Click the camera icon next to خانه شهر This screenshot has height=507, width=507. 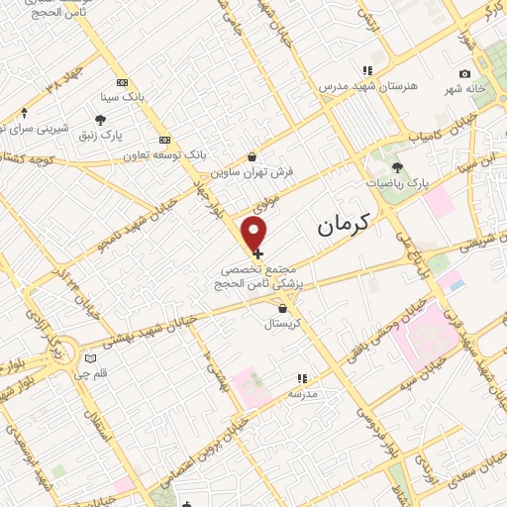(464, 73)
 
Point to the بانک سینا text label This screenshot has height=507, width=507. (123, 98)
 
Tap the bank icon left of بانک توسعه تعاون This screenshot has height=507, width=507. (164, 139)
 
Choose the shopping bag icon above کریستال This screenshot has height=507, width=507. (283, 307)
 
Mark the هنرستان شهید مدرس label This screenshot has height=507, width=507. (365, 86)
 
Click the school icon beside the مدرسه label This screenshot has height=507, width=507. (303, 377)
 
